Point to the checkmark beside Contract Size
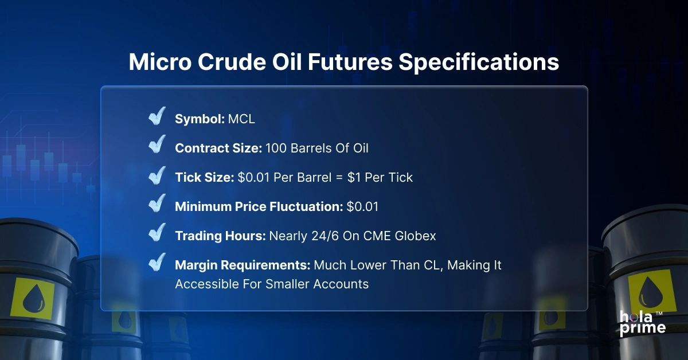(157, 146)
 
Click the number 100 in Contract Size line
(276, 148)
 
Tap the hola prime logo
(642, 323)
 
